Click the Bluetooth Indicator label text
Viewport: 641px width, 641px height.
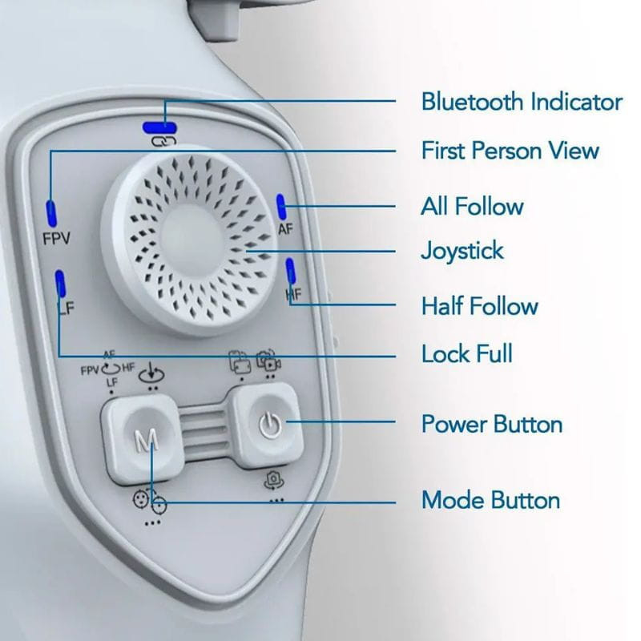click(x=522, y=102)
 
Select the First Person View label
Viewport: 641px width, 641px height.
click(x=510, y=151)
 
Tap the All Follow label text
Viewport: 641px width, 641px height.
click(x=472, y=206)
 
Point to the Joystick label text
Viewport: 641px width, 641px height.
click(x=462, y=251)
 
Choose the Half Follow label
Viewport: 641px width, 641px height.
click(x=479, y=306)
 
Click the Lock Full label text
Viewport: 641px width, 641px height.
click(x=467, y=353)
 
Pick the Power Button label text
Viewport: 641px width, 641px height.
click(x=492, y=424)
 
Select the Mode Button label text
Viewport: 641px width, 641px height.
click(x=490, y=500)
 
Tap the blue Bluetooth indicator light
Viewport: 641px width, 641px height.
click(x=159, y=128)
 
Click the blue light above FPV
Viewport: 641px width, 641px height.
click(x=51, y=213)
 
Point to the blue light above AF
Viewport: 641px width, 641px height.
click(x=281, y=207)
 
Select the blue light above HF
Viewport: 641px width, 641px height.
click(x=290, y=271)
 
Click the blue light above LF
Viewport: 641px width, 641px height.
click(x=61, y=284)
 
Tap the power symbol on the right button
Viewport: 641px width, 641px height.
click(x=270, y=425)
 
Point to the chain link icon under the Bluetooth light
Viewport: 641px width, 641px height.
click(x=164, y=142)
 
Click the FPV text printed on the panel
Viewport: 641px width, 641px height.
click(x=56, y=238)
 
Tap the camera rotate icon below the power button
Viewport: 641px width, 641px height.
click(x=272, y=480)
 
